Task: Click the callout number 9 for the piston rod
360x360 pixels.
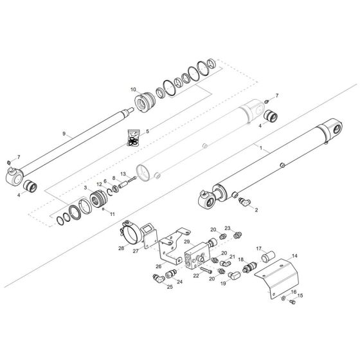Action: (64, 133)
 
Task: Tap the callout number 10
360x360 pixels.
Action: (133, 89)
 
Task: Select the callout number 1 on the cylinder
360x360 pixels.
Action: (260, 148)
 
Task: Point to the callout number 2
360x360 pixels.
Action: (256, 210)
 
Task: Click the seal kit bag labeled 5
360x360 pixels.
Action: (134, 138)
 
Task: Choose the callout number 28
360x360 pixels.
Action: (121, 247)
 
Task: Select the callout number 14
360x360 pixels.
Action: (295, 255)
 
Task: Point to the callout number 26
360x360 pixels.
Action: (159, 266)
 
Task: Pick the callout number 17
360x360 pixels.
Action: (259, 249)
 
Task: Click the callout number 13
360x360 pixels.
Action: (122, 174)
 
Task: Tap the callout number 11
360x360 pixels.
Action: (113, 213)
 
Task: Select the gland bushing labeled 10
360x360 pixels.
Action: (146, 101)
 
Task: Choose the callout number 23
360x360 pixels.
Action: (227, 228)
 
